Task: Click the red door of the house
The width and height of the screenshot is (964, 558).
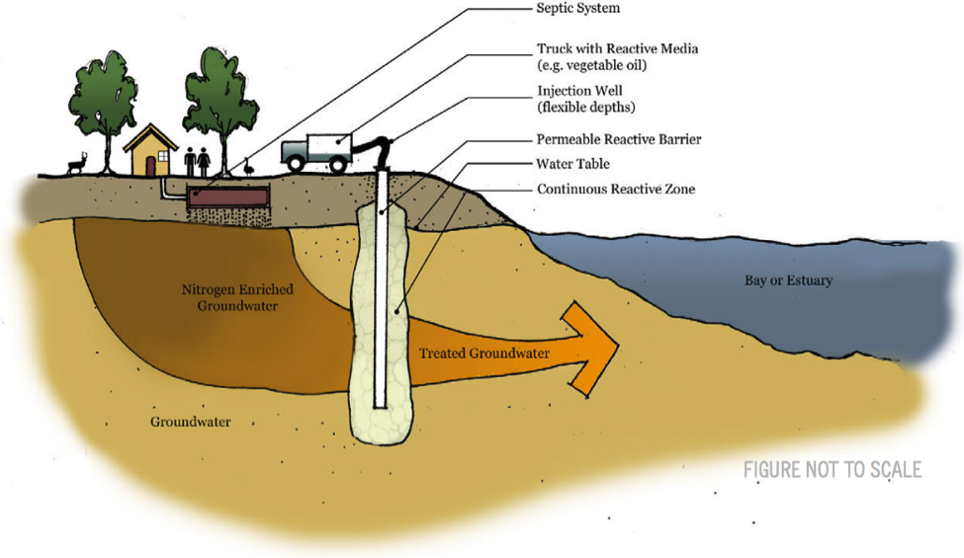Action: pos(149,165)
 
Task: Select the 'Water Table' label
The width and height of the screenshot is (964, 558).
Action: pos(573,164)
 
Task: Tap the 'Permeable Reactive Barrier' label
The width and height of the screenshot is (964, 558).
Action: pos(618,139)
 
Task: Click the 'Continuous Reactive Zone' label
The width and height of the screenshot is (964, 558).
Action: pos(615,189)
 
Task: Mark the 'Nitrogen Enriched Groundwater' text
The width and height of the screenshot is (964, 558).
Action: pos(229,298)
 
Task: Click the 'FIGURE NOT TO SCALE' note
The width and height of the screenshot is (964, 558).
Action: pos(832,469)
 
